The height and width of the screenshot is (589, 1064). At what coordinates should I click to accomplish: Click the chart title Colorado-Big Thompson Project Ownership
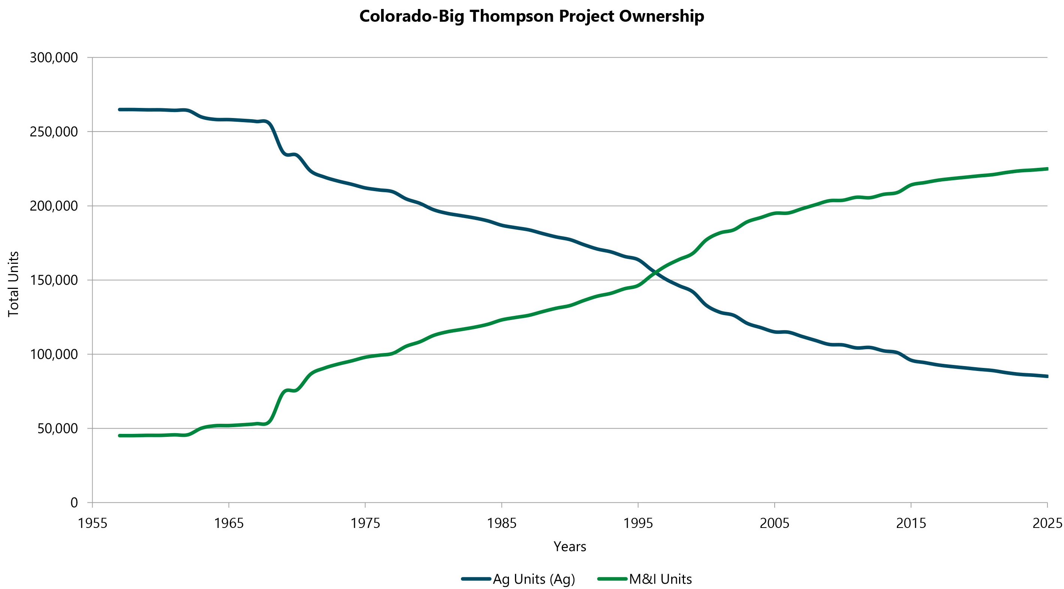click(531, 16)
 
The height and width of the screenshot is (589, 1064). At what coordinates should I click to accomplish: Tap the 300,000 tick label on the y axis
click(54, 58)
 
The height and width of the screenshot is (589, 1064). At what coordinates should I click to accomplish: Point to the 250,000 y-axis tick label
click(54, 132)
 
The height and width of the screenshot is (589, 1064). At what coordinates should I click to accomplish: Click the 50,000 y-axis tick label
click(57, 429)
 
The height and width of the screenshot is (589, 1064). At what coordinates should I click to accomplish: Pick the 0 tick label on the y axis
click(74, 503)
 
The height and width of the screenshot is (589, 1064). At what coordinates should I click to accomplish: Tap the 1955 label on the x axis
click(93, 523)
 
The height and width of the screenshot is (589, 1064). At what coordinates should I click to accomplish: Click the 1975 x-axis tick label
click(365, 523)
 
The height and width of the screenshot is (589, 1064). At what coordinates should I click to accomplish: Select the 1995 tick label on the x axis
click(638, 523)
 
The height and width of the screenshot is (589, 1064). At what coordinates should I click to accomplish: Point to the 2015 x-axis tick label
click(911, 523)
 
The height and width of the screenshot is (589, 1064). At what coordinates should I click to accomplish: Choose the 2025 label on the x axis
click(1047, 523)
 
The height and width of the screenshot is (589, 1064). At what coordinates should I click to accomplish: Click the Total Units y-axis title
click(13, 284)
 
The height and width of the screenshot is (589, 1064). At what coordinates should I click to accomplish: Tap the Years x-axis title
click(570, 547)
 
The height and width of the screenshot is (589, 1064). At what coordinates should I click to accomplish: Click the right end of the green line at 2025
click(1047, 169)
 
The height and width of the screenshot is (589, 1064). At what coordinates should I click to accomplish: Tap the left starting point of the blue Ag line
click(120, 109)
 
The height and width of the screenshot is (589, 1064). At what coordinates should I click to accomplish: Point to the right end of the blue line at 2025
click(1047, 376)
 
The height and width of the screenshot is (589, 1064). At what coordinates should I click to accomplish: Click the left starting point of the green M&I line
click(120, 436)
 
